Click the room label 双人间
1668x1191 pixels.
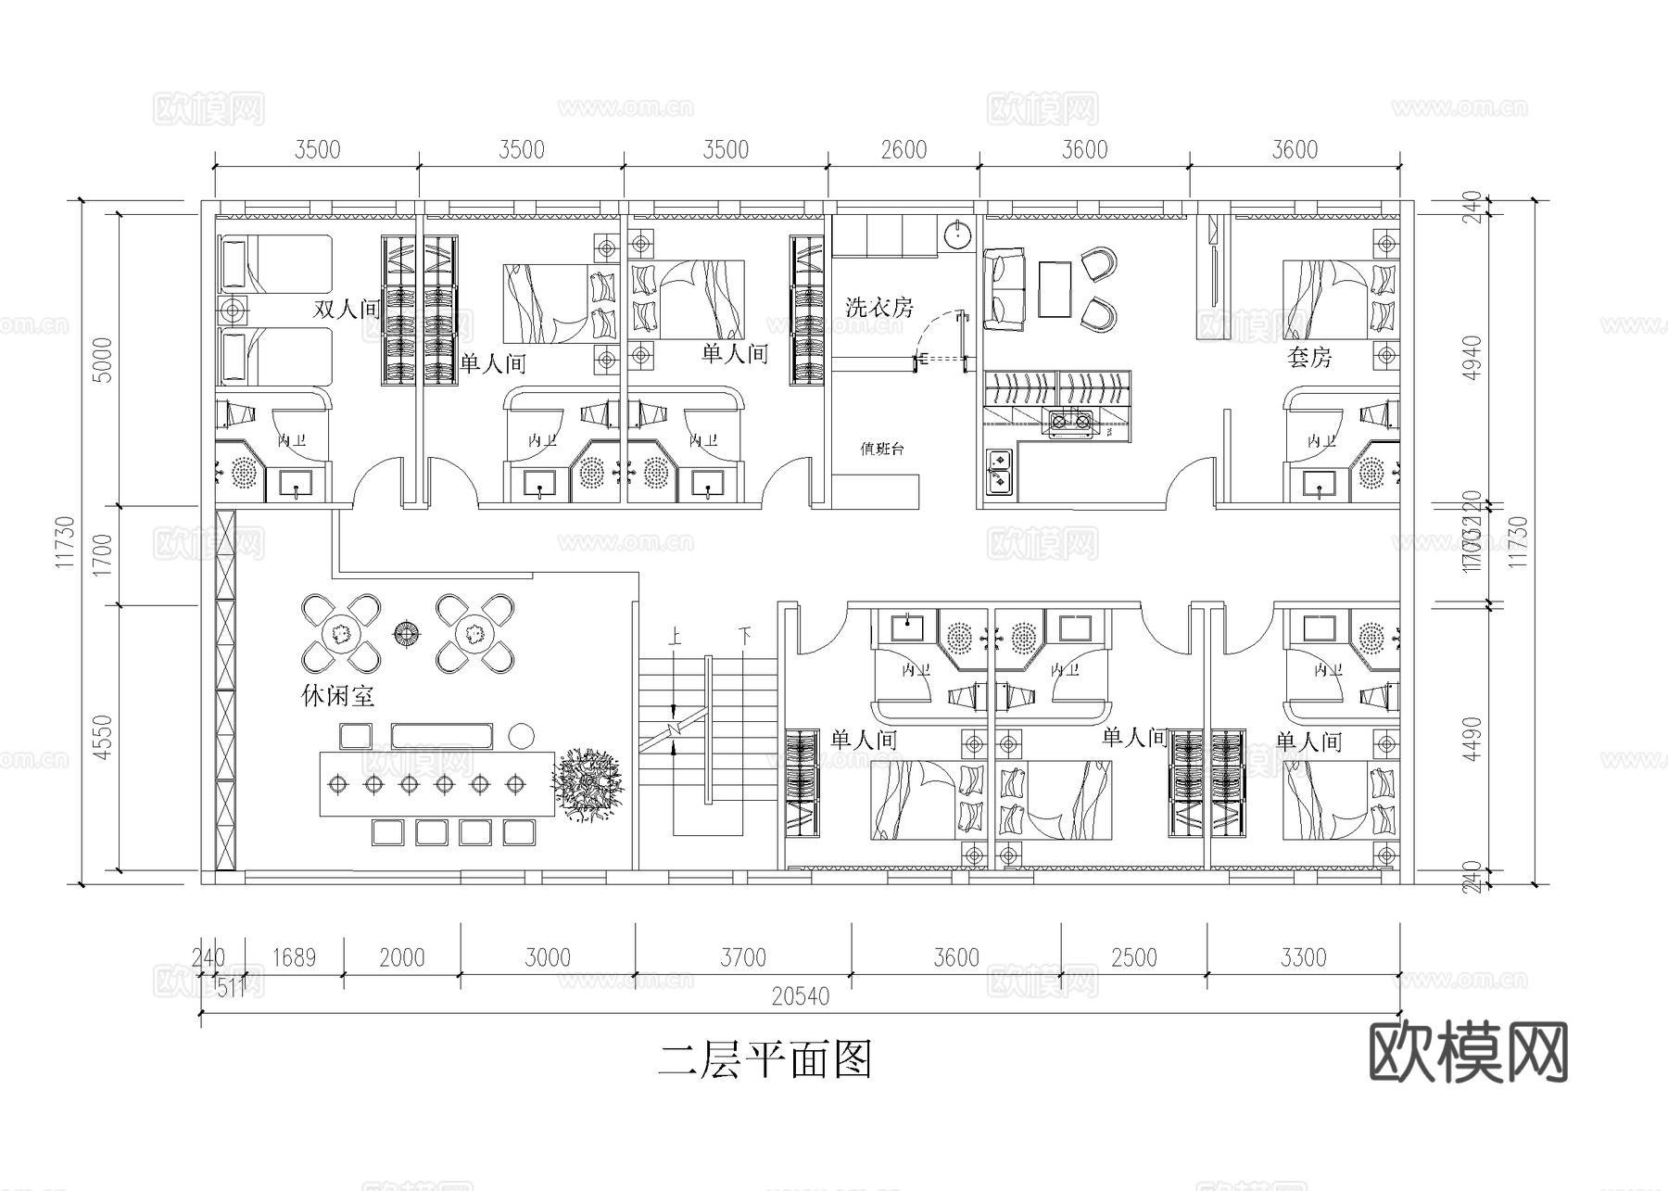(347, 310)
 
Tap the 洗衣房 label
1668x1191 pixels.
(878, 307)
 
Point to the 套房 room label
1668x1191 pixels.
(1308, 357)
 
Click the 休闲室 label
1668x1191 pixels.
(337, 695)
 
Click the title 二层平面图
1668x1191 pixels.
(764, 1059)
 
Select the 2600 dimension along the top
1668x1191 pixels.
(903, 150)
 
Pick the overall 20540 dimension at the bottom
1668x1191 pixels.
(800, 997)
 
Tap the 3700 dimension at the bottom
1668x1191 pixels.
(742, 957)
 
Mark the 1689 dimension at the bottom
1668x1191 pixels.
(294, 957)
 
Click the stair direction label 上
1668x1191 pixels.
(675, 637)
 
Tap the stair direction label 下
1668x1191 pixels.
(744, 637)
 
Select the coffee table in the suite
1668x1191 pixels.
(1055, 289)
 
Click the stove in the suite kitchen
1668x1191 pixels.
(1069, 423)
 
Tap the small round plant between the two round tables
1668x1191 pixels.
(406, 633)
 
